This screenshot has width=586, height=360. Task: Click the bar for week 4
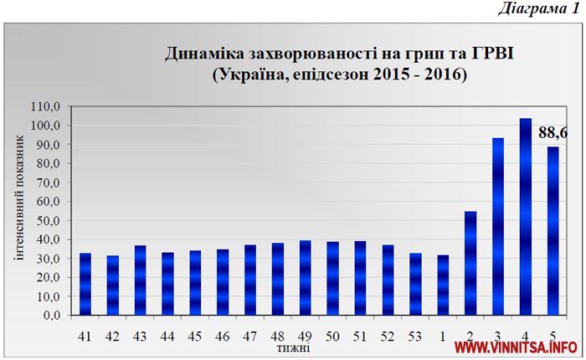coord(525,218)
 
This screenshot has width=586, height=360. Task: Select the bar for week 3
coord(497,227)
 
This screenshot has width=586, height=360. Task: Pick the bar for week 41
coord(85,285)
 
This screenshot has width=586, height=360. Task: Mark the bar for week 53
coord(415,285)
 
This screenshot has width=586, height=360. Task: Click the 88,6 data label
coord(553,132)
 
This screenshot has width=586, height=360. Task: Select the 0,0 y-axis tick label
coord(53,316)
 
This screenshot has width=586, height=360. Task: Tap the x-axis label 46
coord(223,336)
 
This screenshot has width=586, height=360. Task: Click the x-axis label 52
coord(388,336)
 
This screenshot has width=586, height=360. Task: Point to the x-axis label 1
coord(443,336)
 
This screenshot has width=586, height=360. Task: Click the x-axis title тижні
coord(293,347)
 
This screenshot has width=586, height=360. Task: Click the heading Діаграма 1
coord(537,9)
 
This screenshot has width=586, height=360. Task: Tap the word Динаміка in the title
coord(205,54)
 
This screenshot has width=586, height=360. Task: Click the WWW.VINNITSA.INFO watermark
coord(516,347)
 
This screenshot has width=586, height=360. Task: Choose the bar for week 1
coord(443,285)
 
